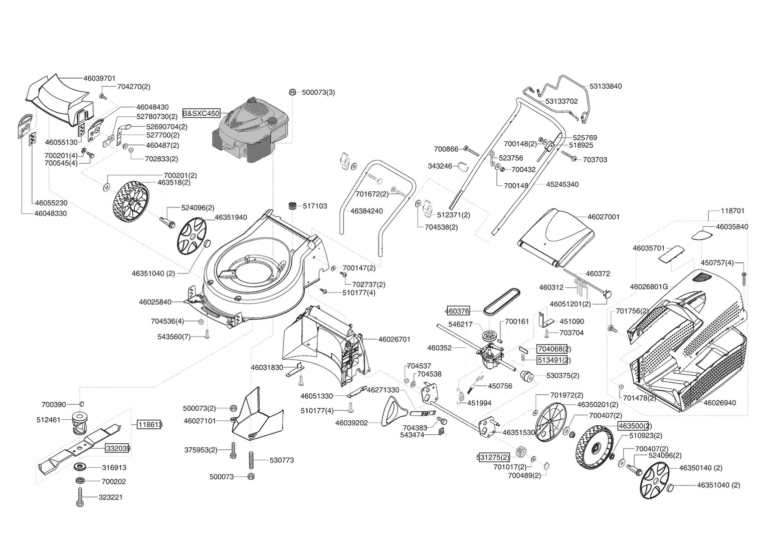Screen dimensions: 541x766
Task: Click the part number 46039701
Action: pos(99,78)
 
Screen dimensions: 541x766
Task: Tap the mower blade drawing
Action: pos(80,446)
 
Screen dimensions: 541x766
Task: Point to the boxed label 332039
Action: pos(118,448)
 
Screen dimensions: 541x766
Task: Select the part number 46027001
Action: pos(603,217)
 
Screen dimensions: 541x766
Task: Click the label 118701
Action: pos(732,211)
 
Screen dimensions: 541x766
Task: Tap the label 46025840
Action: pos(155,302)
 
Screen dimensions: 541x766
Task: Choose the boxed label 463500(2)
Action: pos(635,426)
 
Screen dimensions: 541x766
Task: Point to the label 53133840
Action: pos(606,86)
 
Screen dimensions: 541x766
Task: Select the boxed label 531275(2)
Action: pos(493,457)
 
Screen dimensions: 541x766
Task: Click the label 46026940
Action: pos(719,403)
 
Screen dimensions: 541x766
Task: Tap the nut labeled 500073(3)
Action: pos(292,92)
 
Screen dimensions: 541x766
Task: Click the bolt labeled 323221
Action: pos(80,497)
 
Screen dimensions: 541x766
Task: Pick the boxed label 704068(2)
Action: pos(553,349)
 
